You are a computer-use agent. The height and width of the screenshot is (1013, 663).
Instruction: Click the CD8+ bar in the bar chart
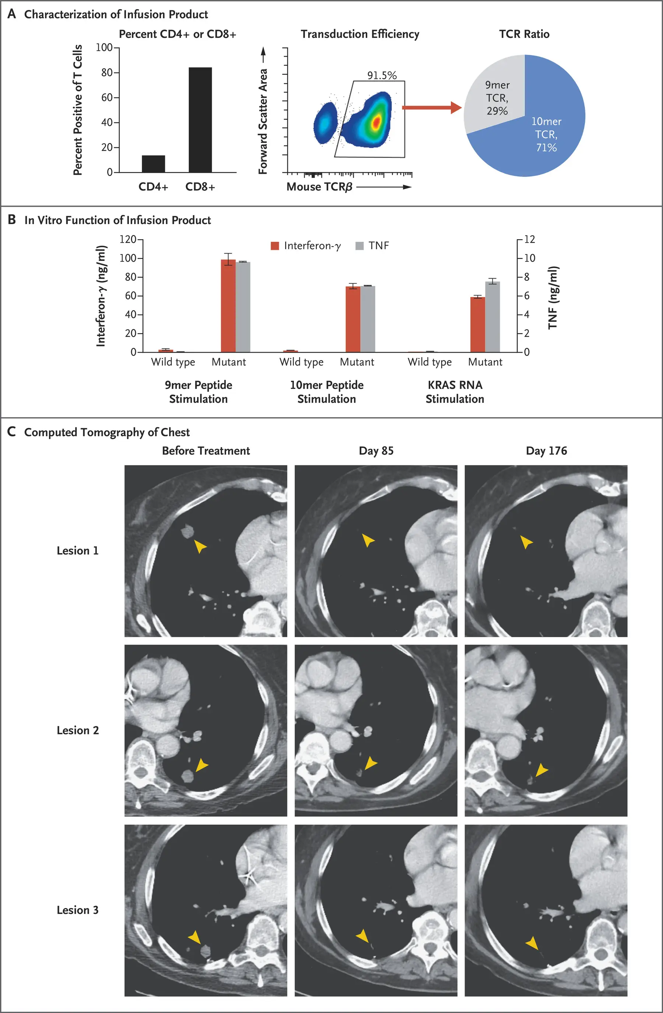pyautogui.click(x=200, y=120)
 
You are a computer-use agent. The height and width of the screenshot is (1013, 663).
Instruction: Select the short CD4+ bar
pyautogui.click(x=153, y=164)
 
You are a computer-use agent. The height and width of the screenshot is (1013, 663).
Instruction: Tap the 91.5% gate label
pyautogui.click(x=382, y=75)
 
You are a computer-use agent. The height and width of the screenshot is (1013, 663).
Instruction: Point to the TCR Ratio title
pyautogui.click(x=524, y=34)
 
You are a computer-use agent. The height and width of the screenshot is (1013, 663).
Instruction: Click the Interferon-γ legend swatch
pyautogui.click(x=275, y=245)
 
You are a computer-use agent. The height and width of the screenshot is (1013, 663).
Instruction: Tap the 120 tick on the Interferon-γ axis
pyautogui.click(x=128, y=239)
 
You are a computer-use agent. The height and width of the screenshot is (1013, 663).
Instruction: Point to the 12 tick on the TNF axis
pyautogui.click(x=529, y=239)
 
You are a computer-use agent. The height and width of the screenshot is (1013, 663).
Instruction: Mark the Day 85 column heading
pyautogui.click(x=376, y=451)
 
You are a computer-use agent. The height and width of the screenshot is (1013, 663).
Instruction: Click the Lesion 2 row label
pyautogui.click(x=77, y=730)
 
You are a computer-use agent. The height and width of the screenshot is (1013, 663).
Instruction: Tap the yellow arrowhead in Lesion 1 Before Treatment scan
pyautogui.click(x=200, y=546)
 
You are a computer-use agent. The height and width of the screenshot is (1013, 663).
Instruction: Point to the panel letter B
pyautogui.click(x=12, y=220)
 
